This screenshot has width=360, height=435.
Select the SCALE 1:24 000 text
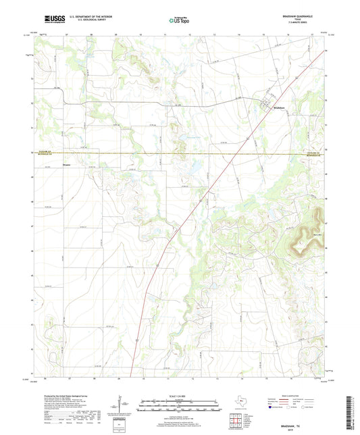(180, 396)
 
